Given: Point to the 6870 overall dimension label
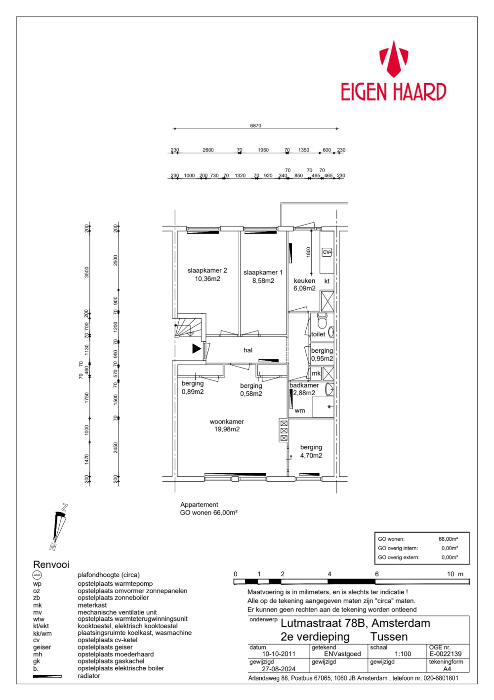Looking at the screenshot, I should coord(255,126).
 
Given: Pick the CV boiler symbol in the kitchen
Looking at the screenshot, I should coord(327,252).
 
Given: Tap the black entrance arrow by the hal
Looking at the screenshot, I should coord(196,348).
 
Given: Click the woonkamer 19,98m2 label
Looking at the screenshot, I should coord(227,425).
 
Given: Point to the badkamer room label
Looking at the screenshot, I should coord(304,385).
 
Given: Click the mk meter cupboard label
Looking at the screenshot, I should coord(316,373).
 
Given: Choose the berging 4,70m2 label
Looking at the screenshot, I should coord(311,451).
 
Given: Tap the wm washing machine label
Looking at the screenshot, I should coord(300,411).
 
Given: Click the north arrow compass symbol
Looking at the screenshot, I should coord(59,527).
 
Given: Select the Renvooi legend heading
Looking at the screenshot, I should coord(51,564).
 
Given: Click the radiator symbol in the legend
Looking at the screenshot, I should coord(47,676).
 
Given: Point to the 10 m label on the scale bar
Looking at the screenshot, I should coord(455,574).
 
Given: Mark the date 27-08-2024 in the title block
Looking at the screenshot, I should coord(279,669).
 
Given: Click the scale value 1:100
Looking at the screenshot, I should coord(403,654).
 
